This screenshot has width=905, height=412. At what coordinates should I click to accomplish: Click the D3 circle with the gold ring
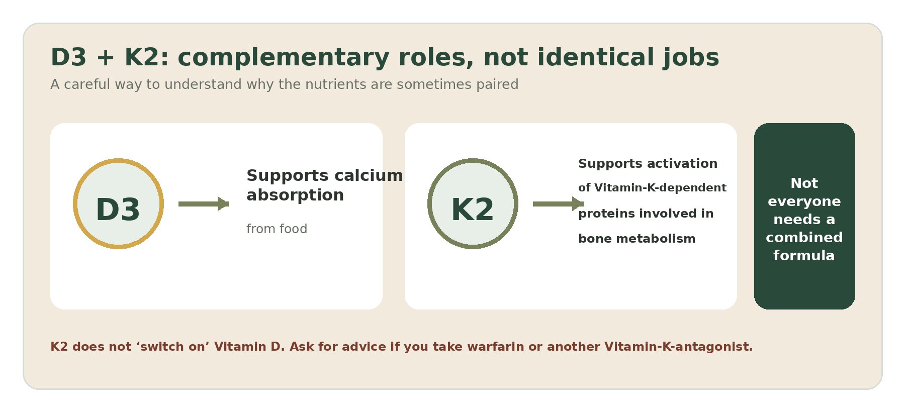pos(118,203)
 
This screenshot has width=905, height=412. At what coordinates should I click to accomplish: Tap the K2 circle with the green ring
pos(473,203)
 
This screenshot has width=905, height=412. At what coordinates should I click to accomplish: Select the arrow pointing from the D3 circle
pos(204,203)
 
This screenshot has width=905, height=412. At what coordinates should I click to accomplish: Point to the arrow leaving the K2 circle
pos(558,203)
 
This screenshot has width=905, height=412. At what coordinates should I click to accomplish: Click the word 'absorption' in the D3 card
pos(295,195)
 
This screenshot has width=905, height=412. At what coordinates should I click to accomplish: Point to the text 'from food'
pos(277,229)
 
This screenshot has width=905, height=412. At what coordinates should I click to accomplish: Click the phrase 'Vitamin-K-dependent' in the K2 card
pos(660,188)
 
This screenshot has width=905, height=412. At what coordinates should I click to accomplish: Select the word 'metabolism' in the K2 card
pos(656,239)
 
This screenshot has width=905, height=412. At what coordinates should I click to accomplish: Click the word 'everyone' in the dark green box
pos(804,201)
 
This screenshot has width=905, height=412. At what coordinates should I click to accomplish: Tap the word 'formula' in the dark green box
pos(804,255)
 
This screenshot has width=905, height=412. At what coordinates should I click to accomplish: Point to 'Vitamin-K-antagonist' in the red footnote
pos(678,347)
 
